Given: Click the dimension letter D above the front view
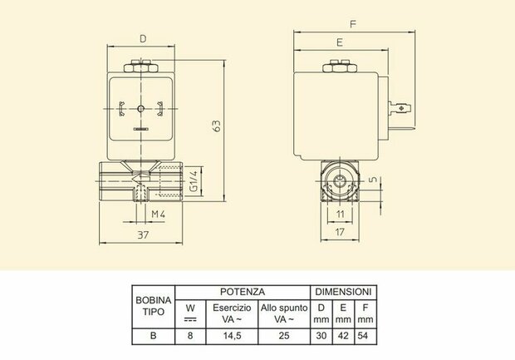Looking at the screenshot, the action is pyautogui.click(x=143, y=39).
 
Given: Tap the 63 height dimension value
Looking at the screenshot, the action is pyautogui.click(x=217, y=126).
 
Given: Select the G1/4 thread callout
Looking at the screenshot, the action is pyautogui.click(x=194, y=181).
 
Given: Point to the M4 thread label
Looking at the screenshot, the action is pyautogui.click(x=158, y=215).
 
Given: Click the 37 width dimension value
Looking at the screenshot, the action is pyautogui.click(x=143, y=234).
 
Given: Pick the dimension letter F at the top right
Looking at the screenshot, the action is pyautogui.click(x=353, y=24).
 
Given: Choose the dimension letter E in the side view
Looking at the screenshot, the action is pyautogui.click(x=340, y=42).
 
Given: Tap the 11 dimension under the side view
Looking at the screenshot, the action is pyautogui.click(x=341, y=215).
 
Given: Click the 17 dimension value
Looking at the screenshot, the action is pyautogui.click(x=340, y=232).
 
